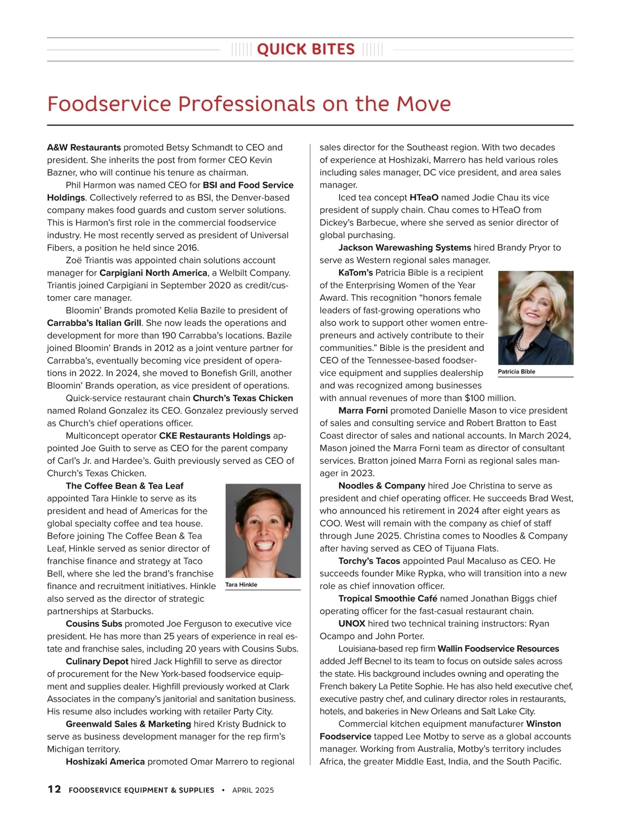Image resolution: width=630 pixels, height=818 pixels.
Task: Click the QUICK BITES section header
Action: click(x=306, y=49)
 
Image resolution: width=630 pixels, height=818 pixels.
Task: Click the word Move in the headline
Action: click(x=423, y=103)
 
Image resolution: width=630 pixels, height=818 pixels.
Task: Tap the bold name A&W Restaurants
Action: click(x=84, y=148)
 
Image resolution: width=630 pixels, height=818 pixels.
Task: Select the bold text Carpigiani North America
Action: click(x=153, y=273)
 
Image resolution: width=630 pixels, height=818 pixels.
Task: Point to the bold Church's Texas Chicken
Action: click(x=243, y=398)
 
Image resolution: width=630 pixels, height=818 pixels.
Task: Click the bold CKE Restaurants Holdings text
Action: click(x=215, y=436)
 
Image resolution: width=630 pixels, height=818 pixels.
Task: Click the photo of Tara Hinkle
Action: click(x=263, y=530)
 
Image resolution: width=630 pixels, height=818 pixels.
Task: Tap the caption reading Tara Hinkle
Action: click(x=241, y=585)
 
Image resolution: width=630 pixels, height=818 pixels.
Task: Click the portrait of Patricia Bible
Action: click(x=535, y=318)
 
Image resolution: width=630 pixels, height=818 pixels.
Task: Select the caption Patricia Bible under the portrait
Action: click(x=517, y=372)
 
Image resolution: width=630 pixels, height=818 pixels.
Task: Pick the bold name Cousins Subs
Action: click(x=94, y=624)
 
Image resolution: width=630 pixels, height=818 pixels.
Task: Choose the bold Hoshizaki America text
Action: click(x=105, y=761)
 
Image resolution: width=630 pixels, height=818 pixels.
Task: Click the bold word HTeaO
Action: click(x=424, y=197)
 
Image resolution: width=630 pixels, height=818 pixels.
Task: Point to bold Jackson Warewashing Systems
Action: click(x=405, y=248)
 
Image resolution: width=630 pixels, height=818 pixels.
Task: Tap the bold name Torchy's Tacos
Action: click(x=369, y=561)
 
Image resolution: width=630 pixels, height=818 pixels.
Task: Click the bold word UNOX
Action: click(x=352, y=624)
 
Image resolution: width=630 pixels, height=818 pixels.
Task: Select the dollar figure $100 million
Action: click(x=490, y=398)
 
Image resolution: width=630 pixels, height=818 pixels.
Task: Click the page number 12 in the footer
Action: click(x=54, y=790)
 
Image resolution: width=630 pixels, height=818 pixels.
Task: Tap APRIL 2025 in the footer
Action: click(x=253, y=790)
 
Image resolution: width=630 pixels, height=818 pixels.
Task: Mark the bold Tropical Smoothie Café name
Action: click(x=387, y=599)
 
